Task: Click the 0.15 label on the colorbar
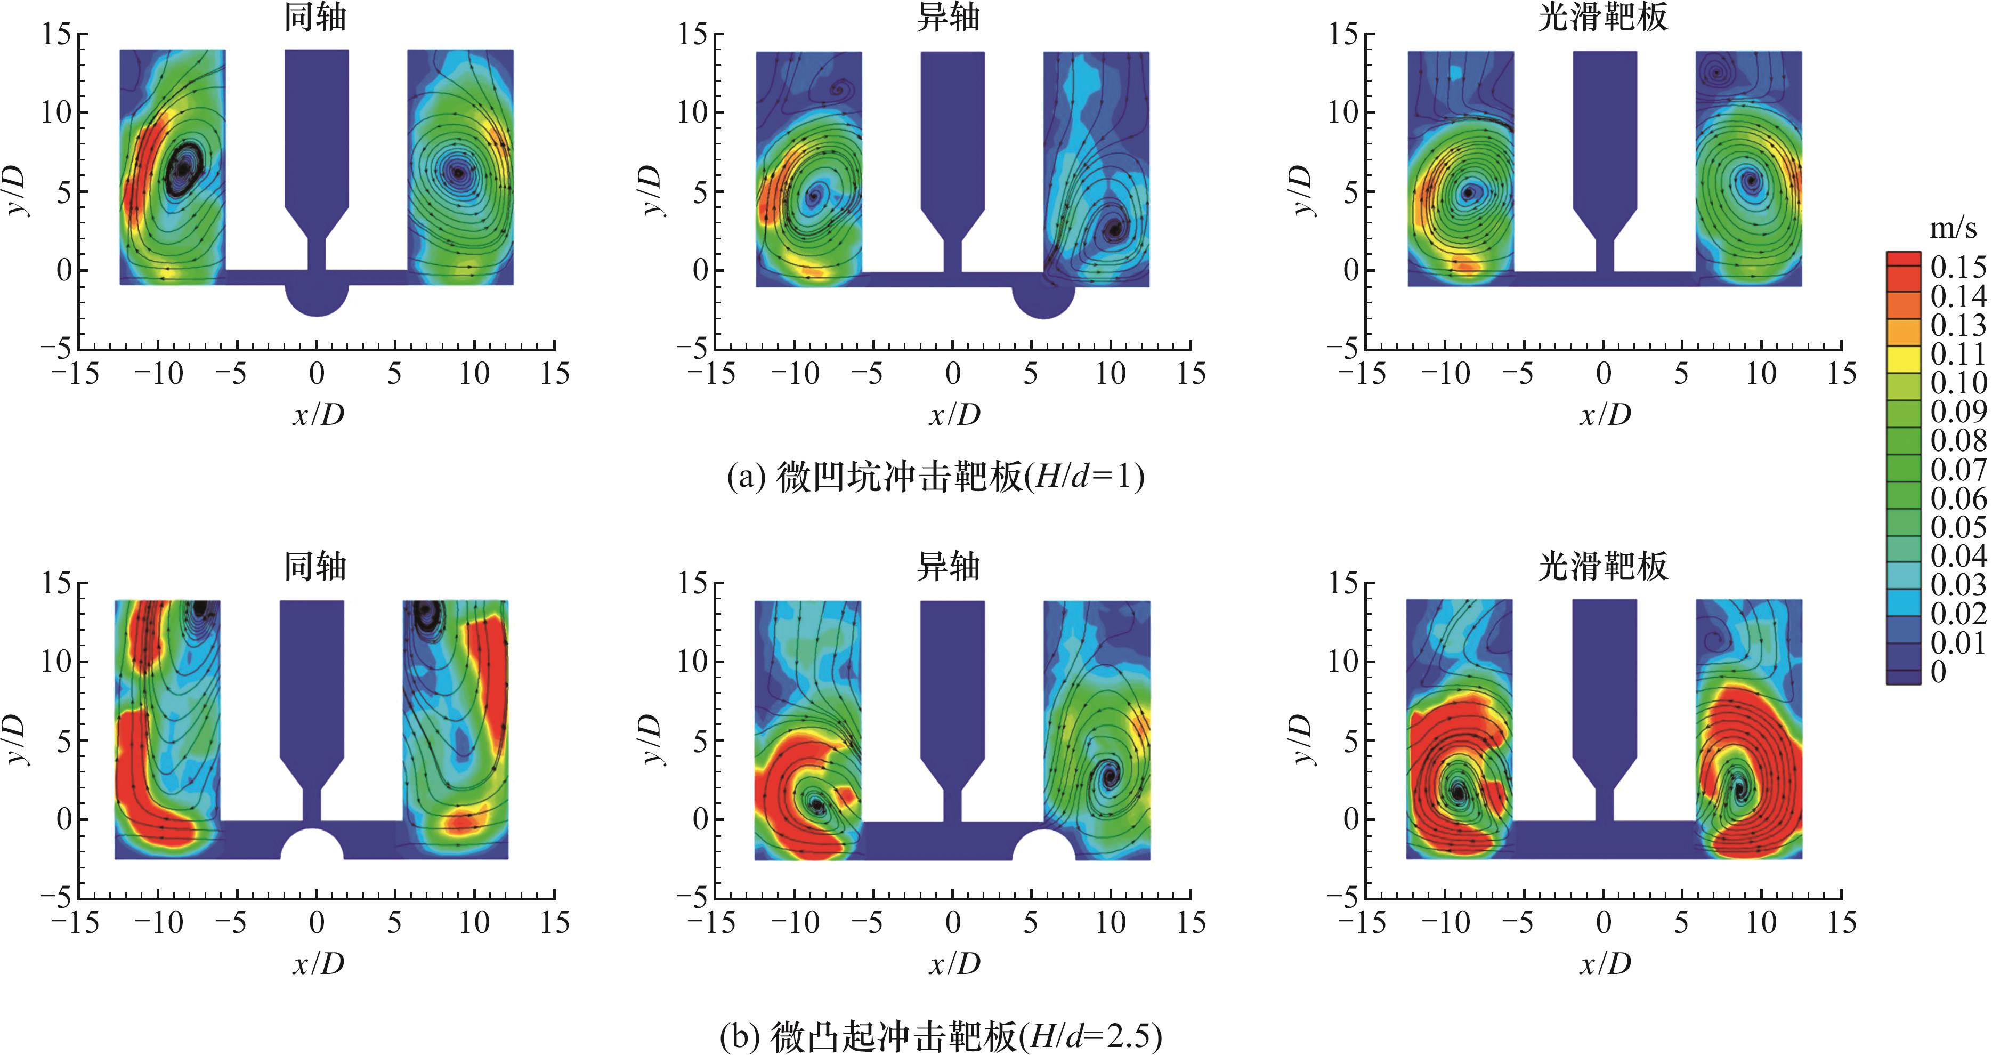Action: click(x=1957, y=267)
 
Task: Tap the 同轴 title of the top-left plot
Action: click(x=315, y=17)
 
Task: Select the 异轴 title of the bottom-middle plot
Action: click(x=948, y=566)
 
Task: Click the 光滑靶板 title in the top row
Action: click(x=1602, y=17)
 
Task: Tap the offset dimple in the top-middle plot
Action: click(x=1043, y=301)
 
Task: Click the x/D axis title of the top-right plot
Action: click(x=1605, y=415)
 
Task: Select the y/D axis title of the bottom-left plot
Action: click(x=19, y=739)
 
